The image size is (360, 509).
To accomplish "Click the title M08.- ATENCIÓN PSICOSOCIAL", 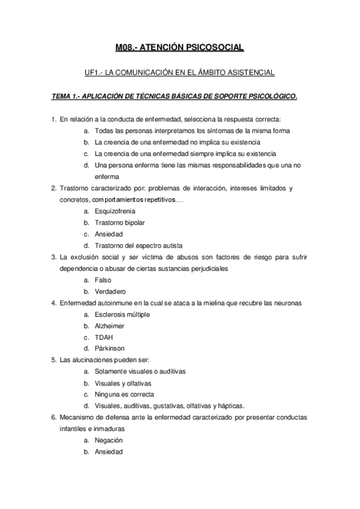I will click(x=180, y=47).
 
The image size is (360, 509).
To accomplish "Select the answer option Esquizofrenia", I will click(x=115, y=211).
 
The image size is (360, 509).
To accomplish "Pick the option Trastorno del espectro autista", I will click(x=139, y=245).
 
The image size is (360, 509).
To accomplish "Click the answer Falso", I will click(x=103, y=280).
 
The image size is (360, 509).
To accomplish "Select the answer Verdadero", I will click(x=110, y=292).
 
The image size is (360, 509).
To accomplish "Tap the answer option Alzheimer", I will click(x=110, y=326).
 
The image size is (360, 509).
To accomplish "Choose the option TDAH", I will click(x=104, y=337).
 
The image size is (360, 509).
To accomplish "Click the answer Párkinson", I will click(x=110, y=349).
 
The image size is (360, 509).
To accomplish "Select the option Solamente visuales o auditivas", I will click(x=140, y=372).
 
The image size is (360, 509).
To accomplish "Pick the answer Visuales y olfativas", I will click(x=123, y=383).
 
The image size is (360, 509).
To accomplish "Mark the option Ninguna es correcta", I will click(x=124, y=394).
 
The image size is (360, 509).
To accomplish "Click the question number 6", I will click(x=53, y=417).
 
